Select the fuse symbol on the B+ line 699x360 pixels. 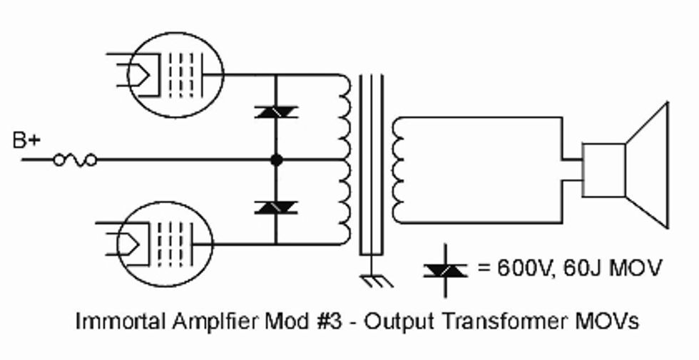[74, 160]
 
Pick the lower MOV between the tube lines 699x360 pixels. [275, 207]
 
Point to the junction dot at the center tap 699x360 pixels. [276, 160]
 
